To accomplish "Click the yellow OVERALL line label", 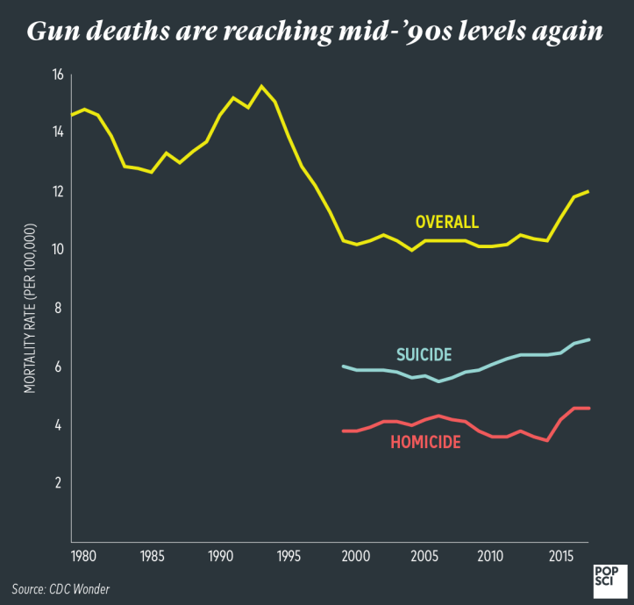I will coord(446,222).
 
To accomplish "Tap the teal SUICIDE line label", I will coord(424,355).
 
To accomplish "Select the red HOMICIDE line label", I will coord(425,443).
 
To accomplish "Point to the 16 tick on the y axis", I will coord(58,75).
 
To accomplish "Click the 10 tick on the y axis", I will coord(58,249).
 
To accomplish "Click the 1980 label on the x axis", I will coord(84,556).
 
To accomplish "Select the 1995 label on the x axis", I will coord(288,556).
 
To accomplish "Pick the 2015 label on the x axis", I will coord(559,556).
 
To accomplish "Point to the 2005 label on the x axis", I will coord(424,556).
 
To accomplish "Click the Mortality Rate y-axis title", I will coord(30,308).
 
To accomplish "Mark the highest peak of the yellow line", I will coord(260,86).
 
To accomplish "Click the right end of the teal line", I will coord(588,339).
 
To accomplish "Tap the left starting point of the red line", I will coord(342,431).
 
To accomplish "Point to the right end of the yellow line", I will coord(588,191).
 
